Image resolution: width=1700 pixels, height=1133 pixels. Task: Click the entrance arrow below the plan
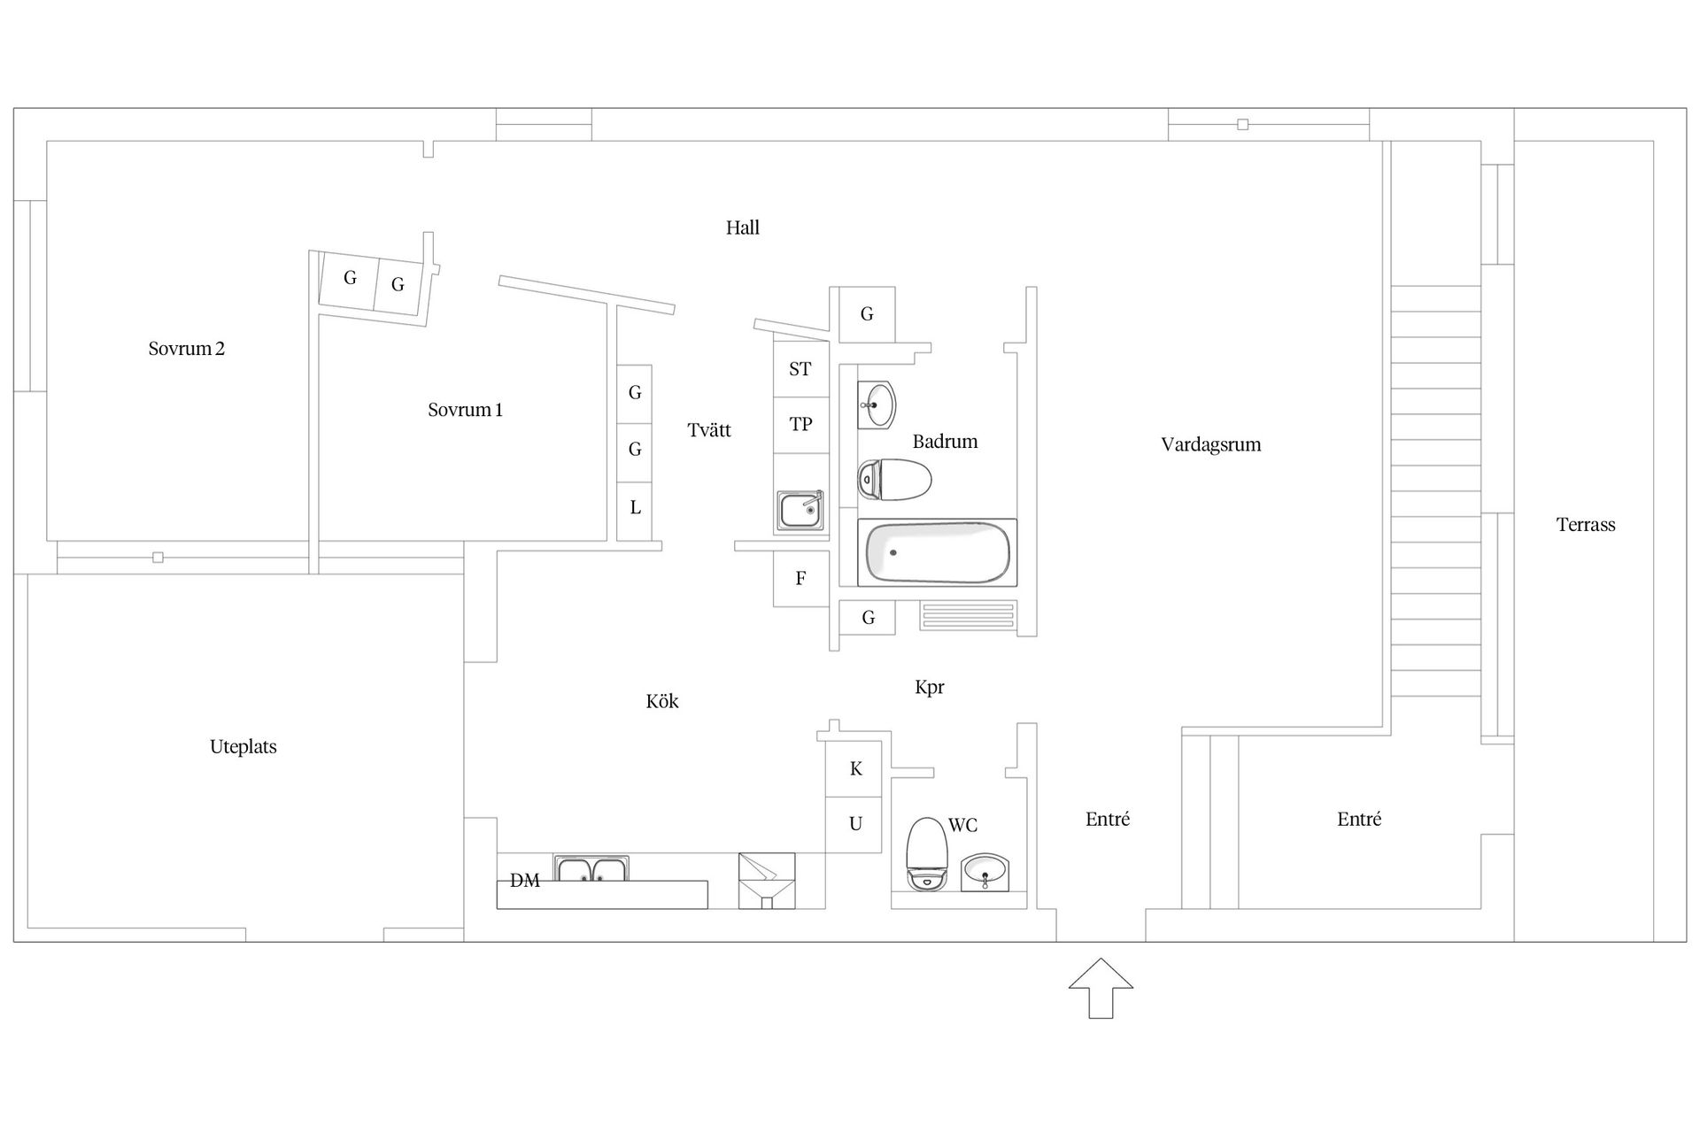1101,988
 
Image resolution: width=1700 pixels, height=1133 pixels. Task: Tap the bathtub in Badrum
938,553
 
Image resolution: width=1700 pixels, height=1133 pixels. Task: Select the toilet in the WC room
927,853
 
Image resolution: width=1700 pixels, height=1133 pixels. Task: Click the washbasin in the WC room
985,872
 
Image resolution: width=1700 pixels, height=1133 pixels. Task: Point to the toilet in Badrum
894,480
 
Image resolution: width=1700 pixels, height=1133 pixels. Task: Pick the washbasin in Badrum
877,405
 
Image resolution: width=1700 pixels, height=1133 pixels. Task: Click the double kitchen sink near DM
591,868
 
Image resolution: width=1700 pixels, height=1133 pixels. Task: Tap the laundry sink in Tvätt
800,511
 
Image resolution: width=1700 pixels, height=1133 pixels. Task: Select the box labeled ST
800,369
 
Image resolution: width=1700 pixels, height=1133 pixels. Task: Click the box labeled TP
800,425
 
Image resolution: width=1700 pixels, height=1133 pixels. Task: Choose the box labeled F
800,579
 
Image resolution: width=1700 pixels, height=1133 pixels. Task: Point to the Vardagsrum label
1211,444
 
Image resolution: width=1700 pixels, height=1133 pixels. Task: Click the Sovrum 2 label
187,349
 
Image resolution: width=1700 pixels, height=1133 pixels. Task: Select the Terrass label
1586,525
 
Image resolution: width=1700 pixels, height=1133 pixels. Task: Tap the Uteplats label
243,747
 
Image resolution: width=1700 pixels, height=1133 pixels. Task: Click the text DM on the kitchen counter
525,881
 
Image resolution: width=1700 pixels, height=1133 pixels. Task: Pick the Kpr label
930,688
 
